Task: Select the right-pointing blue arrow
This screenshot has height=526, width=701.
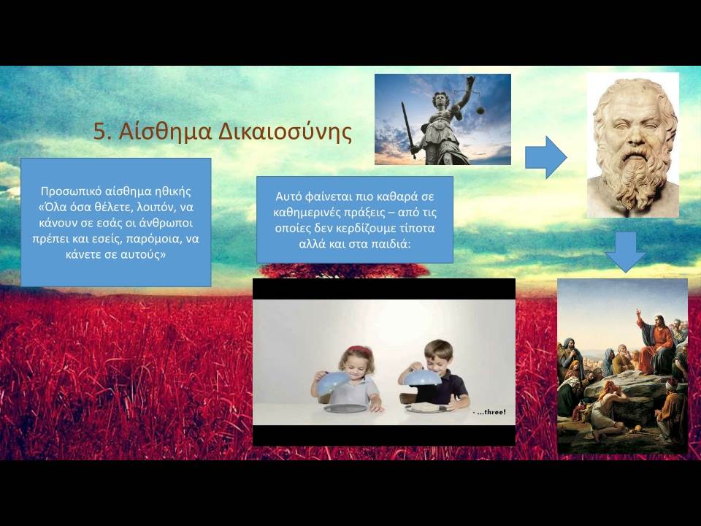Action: point(546,158)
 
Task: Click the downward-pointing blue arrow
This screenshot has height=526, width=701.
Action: point(625,252)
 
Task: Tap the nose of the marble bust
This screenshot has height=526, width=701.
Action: point(632,134)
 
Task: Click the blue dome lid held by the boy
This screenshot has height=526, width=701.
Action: point(423,377)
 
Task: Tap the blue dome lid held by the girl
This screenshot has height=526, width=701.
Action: point(333,382)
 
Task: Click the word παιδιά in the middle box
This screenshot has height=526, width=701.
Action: point(391,244)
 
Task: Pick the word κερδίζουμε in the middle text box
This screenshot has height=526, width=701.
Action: point(367,229)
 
